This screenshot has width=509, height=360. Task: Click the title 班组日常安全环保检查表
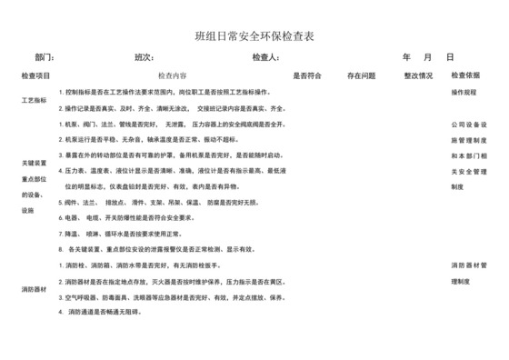click(254, 35)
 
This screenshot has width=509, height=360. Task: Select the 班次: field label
click(143, 56)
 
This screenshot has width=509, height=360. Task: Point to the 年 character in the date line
click(406, 56)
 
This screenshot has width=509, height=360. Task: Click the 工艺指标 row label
click(34, 100)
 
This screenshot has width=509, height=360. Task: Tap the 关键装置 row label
click(34, 163)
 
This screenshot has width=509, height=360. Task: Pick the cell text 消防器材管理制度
click(471, 273)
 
